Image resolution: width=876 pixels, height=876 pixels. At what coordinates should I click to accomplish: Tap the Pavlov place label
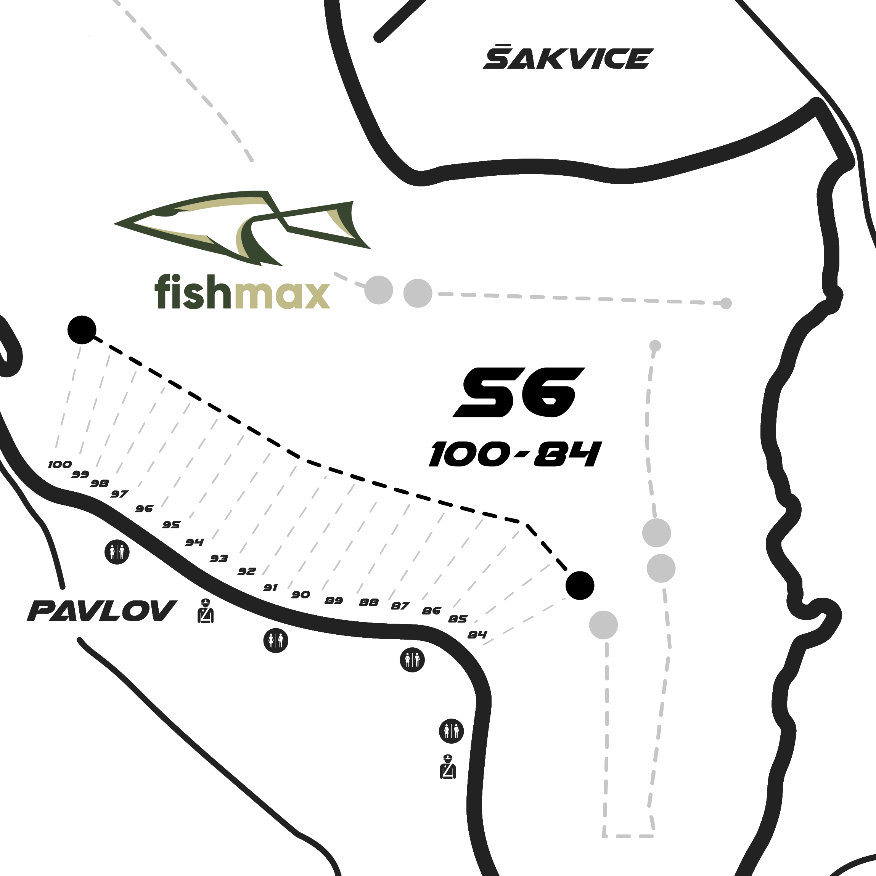coord(101,610)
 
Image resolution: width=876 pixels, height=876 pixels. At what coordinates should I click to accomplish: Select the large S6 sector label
coord(519,393)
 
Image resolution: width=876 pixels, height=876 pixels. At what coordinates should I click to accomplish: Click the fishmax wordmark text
coord(242,292)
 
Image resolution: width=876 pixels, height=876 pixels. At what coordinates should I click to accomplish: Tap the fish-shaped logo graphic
coord(242,227)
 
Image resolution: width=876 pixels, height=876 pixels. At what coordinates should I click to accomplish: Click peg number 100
coord(60,464)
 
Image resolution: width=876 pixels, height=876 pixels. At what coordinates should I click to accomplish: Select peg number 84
coord(477,635)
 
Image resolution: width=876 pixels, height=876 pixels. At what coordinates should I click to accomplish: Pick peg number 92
coord(247,571)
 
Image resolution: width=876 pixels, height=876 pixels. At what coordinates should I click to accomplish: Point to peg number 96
coord(144,509)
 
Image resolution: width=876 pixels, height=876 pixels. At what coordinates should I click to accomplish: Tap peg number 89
coord(333,601)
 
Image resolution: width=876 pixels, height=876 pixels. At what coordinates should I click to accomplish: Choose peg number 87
coord(400,606)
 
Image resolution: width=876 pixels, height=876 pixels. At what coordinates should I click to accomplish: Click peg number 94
coord(194,542)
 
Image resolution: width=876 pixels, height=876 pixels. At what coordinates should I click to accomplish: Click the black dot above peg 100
coord(82,330)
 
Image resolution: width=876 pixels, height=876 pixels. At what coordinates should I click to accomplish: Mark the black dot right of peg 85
coord(580,586)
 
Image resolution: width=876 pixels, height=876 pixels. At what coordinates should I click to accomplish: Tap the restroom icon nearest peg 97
coord(117,552)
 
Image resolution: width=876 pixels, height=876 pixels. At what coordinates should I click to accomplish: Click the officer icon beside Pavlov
coord(206,610)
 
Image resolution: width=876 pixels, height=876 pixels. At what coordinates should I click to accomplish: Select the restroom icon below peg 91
coord(276,640)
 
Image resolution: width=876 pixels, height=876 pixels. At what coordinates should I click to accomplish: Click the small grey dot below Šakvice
coord(726,303)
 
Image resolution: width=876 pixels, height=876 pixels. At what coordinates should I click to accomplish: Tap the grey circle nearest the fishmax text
coord(379,290)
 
